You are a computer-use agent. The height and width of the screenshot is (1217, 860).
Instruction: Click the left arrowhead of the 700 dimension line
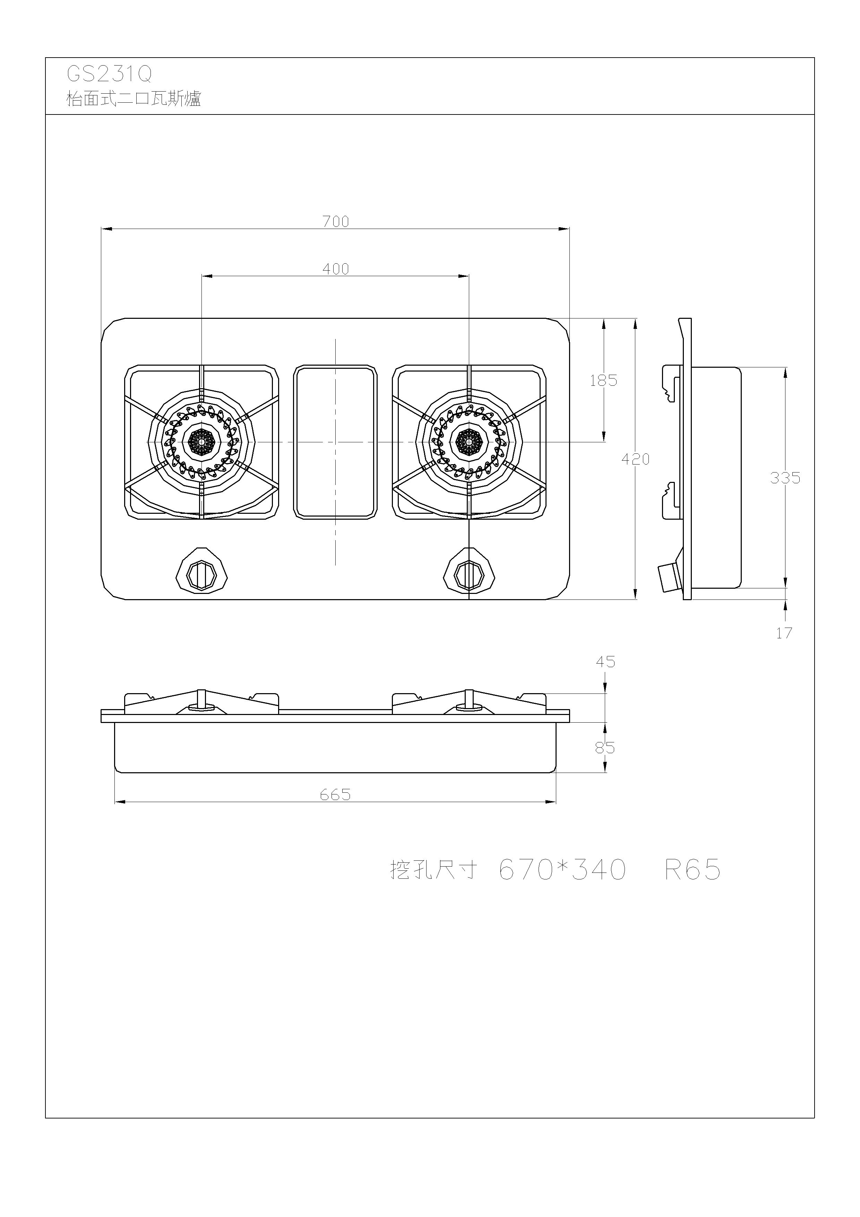[106, 229]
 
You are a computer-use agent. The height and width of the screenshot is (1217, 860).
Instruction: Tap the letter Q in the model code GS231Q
[145, 75]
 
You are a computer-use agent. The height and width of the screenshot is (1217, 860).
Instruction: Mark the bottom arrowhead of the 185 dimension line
[603, 436]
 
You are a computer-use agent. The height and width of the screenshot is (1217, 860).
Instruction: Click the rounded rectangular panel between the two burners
[335, 442]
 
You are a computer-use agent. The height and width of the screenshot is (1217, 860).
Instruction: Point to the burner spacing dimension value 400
[336, 269]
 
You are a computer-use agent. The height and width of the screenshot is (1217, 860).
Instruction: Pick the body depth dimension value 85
[604, 748]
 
